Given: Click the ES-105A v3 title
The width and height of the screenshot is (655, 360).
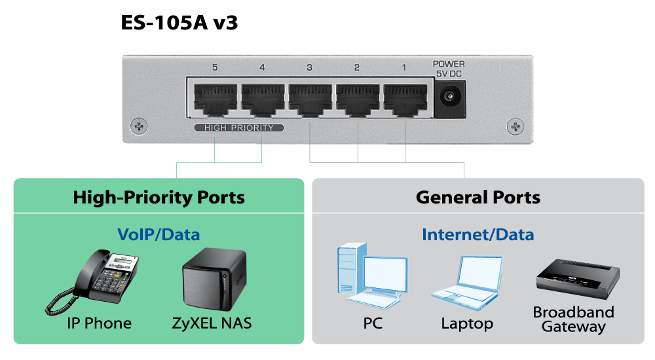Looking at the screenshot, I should (x=179, y=24).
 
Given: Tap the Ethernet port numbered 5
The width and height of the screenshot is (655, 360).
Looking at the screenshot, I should (x=215, y=99).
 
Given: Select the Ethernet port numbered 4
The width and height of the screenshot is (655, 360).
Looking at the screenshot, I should (x=262, y=99).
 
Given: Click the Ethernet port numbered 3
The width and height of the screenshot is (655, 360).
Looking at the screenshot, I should (x=310, y=99).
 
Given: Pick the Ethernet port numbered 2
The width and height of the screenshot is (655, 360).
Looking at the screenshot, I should (x=357, y=99).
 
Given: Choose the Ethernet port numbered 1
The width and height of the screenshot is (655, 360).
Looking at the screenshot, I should (x=404, y=99).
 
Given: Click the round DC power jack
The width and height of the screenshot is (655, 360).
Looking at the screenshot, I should (x=449, y=98).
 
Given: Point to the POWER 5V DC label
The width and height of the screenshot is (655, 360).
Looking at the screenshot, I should (x=449, y=69).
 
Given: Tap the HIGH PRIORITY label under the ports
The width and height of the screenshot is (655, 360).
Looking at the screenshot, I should (x=239, y=128).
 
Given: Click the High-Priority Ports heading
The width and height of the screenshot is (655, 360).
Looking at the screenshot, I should (x=159, y=197).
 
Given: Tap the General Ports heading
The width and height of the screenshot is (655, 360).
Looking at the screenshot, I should (x=478, y=197).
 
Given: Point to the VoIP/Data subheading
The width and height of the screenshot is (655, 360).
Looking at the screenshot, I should (x=159, y=234).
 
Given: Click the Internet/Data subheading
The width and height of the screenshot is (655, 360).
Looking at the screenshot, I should (x=478, y=234).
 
